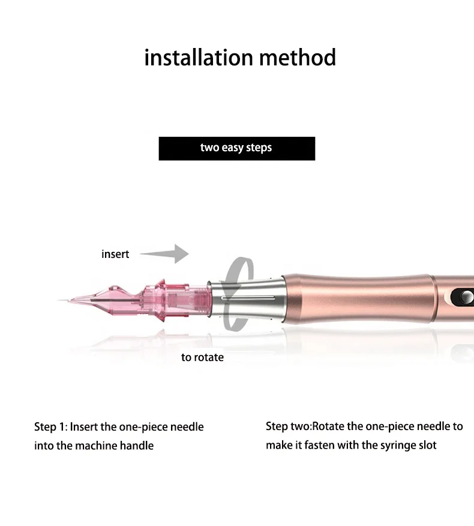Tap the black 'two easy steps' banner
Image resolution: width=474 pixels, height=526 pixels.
coord(236,148)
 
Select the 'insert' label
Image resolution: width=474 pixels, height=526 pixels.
coord(115,254)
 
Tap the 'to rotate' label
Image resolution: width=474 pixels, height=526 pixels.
coord(202,357)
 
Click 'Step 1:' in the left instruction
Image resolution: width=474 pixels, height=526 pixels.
coord(50,427)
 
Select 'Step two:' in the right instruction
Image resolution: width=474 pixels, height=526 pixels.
coord(289,426)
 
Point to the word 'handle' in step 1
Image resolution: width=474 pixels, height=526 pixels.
coord(137,446)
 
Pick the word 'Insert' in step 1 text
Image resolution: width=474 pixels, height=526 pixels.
coord(85,427)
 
